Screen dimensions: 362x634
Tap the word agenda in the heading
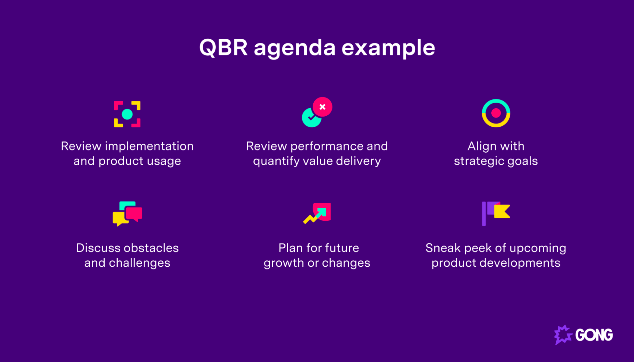294,48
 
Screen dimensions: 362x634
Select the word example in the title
388,48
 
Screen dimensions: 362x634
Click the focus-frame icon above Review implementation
127,114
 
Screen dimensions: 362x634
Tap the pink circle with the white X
322,107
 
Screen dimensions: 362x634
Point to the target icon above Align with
496,113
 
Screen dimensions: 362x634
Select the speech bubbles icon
127,213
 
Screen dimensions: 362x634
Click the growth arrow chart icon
317,213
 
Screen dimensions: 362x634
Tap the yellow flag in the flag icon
502,212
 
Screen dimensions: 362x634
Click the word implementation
149,146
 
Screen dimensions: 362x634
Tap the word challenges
140,263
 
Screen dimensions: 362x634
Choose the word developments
520,263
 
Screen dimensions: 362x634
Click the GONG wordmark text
594,335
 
